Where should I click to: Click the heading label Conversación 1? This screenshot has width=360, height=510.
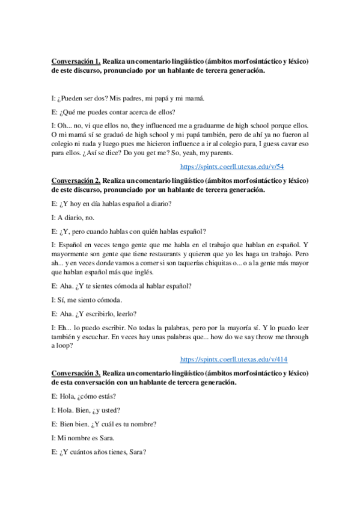75,61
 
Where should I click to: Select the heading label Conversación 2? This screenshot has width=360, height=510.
75,180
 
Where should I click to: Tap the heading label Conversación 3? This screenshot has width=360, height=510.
75,373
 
